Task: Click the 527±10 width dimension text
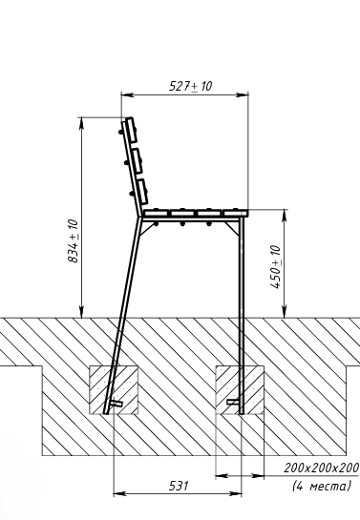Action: (190, 86)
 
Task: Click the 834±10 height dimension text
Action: (73, 240)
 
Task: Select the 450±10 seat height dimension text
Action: (275, 267)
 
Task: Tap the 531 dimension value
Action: (179, 486)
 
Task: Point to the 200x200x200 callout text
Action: (321, 468)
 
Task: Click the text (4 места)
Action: (321, 487)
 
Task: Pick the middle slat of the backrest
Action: (138, 161)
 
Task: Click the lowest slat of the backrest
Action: (142, 192)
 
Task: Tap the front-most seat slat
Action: (236, 213)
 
